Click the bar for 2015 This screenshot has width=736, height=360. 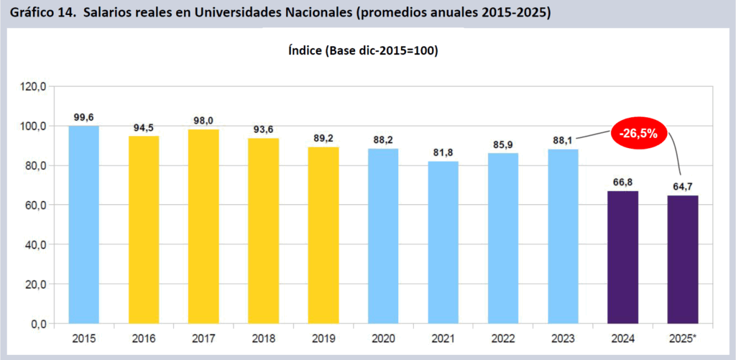84,224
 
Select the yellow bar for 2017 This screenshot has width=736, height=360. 203,226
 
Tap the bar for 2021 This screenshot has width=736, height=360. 443,242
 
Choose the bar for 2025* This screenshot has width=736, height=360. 682,259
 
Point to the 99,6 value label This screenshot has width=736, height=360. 84,116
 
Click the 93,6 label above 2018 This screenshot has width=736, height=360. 263,129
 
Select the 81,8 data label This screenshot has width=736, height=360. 443,152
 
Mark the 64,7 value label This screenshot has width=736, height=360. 682,186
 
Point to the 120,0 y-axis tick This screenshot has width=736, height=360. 33,87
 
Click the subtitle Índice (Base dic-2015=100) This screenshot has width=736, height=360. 363,52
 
